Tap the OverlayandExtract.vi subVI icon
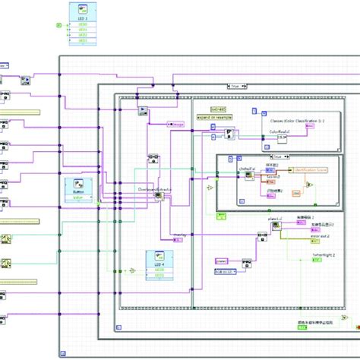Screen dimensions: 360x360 tap(159, 195)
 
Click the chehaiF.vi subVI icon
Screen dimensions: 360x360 tap(248, 175)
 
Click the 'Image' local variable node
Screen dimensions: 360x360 tap(176, 124)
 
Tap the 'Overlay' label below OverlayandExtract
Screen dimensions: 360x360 tap(179, 235)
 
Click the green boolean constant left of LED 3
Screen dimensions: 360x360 tap(59, 27)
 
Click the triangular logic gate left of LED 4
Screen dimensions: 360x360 tap(131, 268)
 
